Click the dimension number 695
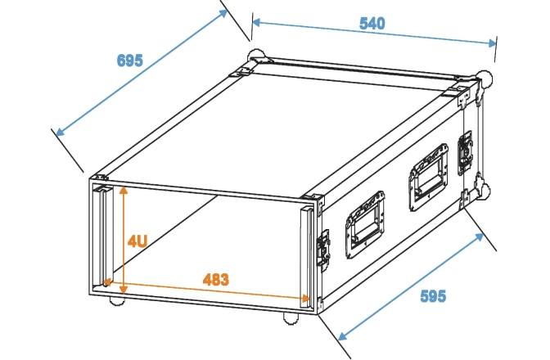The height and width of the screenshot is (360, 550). tap(129, 60)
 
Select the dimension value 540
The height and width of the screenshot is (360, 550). tap(372, 23)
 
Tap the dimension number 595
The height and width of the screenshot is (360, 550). tap(434, 295)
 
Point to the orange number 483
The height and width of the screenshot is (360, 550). tap(215, 278)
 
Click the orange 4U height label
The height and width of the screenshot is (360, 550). tap(137, 241)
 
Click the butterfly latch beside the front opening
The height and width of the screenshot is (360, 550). tap(323, 246)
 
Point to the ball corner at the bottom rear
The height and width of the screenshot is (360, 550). tap(485, 191)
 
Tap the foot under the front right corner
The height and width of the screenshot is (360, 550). tap(291, 317)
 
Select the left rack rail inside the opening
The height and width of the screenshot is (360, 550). tap(102, 237)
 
